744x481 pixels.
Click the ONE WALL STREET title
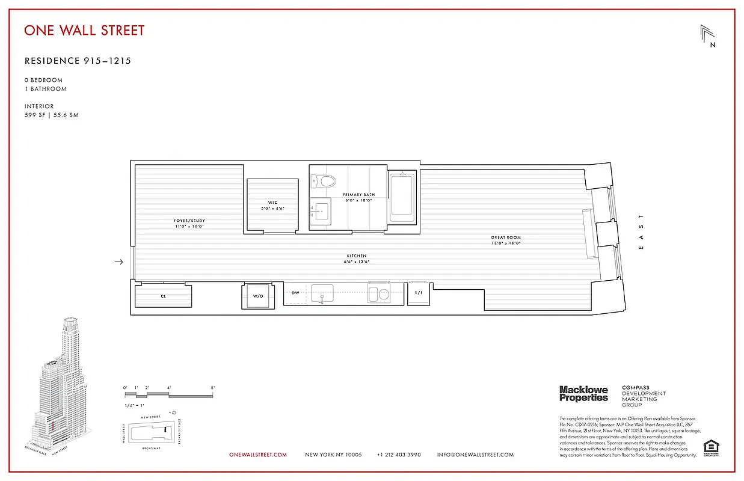point(84,30)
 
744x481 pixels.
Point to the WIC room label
point(272,203)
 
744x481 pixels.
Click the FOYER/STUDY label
point(189,221)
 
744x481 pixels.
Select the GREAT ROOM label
point(505,237)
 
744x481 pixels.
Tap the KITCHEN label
point(356,256)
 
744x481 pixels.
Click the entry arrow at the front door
point(119,262)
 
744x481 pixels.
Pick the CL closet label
point(163,296)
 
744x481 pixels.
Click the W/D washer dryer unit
point(258,296)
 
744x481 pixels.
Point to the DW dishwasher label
point(295,293)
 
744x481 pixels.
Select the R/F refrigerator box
point(418,293)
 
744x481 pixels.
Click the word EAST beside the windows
point(641,231)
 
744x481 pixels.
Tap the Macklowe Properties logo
point(583,394)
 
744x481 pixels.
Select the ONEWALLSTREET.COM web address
point(258,455)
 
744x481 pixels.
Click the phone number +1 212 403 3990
point(399,455)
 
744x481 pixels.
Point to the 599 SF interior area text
point(51,115)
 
